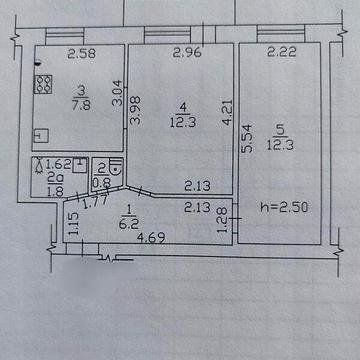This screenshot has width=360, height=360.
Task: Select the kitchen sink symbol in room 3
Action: point(38,133)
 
